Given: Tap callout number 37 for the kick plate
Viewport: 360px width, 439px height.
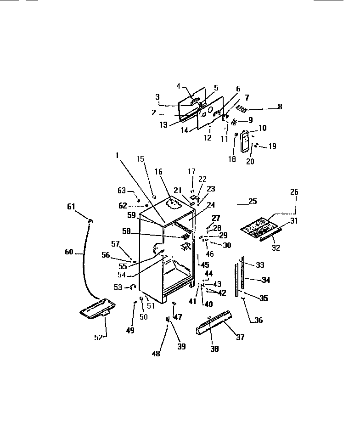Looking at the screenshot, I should [240, 338].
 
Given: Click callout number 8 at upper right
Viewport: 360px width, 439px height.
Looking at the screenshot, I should [280, 107].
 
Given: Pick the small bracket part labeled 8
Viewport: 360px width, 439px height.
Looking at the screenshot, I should [242, 108].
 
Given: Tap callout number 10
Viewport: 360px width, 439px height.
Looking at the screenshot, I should [262, 128].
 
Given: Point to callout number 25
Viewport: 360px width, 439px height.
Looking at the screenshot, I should [253, 201].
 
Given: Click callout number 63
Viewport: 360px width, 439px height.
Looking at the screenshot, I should [121, 190].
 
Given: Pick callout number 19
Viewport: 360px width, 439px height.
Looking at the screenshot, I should [272, 147].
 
